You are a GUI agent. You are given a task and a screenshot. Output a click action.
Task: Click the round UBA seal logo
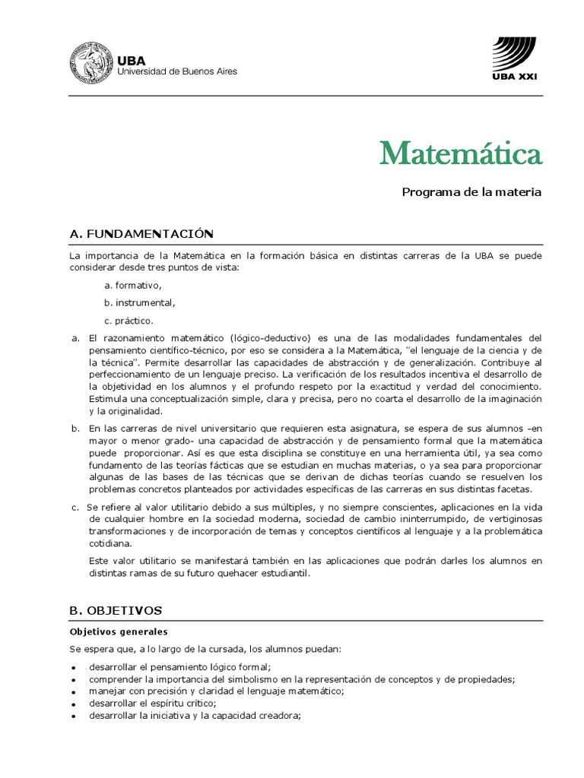coord(90,63)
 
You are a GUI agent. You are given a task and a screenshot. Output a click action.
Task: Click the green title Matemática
coord(462,154)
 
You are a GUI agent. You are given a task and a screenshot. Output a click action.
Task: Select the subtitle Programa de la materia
coord(471,192)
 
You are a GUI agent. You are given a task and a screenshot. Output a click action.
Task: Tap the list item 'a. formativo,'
coord(133,285)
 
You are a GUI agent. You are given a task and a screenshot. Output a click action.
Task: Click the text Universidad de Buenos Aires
coord(176,71)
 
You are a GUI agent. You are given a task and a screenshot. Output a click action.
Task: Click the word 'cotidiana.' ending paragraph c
coord(110,543)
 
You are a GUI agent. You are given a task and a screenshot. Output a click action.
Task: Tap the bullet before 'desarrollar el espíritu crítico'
coord(73,704)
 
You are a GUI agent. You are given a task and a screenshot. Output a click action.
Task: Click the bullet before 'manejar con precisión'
coord(73,692)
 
